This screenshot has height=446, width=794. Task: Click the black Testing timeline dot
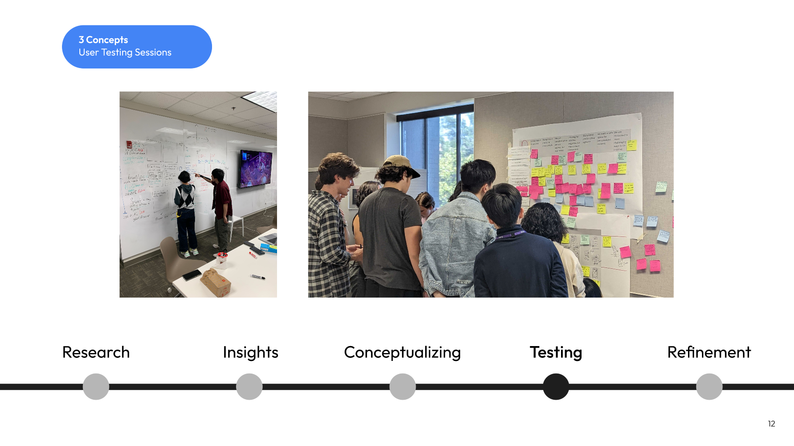click(556, 387)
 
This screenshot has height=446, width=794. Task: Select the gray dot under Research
click(96, 387)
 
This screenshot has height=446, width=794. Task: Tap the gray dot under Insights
click(249, 387)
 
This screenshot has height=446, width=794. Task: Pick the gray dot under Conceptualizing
click(402, 387)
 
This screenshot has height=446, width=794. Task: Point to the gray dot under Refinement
click(709, 387)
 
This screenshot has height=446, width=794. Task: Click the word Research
click(96, 352)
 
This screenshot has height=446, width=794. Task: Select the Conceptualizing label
click(402, 352)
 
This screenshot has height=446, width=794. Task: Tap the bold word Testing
click(556, 352)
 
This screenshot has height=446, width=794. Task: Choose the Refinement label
click(709, 352)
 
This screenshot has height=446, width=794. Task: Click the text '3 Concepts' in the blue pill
click(103, 40)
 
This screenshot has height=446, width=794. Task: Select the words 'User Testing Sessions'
click(125, 52)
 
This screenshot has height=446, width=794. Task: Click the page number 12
click(771, 424)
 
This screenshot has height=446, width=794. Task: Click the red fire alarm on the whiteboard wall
click(129, 144)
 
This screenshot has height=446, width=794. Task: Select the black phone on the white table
click(192, 275)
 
